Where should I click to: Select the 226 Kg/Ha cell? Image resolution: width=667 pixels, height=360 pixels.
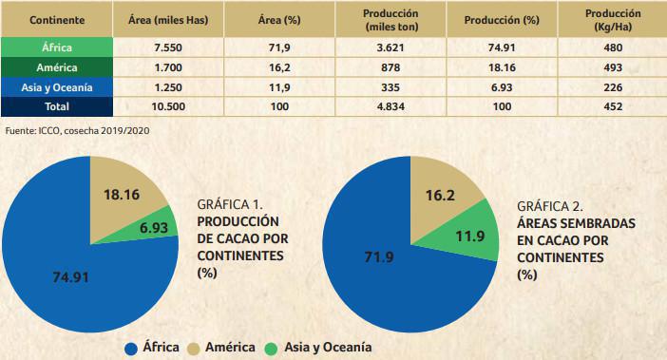612,87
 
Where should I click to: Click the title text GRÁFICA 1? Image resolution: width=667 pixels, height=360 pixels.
229,204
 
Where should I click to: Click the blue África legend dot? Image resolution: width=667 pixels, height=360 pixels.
131,347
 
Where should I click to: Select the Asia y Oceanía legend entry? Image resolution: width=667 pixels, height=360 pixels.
321,347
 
